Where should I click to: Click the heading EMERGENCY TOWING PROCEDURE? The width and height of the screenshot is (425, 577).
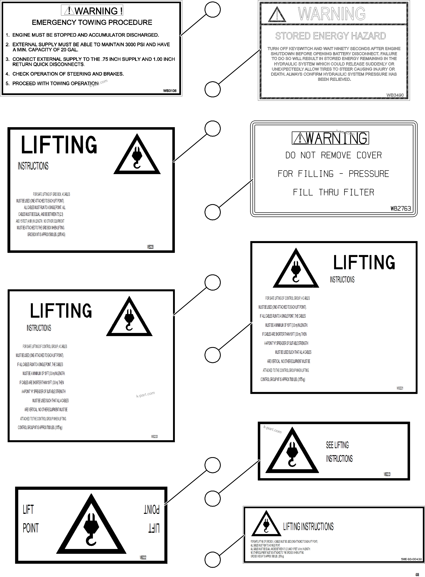(x=92, y=23)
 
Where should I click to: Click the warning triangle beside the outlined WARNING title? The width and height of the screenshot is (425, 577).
(x=277, y=14)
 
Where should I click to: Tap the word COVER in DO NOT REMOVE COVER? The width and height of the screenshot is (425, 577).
(x=369, y=155)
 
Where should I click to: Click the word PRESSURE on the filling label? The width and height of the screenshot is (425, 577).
(x=369, y=174)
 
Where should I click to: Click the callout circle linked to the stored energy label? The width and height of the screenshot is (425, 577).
(x=212, y=89)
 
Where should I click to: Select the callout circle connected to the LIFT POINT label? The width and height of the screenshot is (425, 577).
(x=212, y=465)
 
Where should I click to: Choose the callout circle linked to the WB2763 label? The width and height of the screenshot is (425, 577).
(x=212, y=212)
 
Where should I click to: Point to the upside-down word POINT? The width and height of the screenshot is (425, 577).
(x=151, y=509)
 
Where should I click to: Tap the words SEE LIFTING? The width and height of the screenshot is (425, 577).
(x=337, y=445)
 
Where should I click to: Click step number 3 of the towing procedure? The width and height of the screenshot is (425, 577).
(x=7, y=59)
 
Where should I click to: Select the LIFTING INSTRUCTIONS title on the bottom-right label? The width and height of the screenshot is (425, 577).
(x=308, y=527)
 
